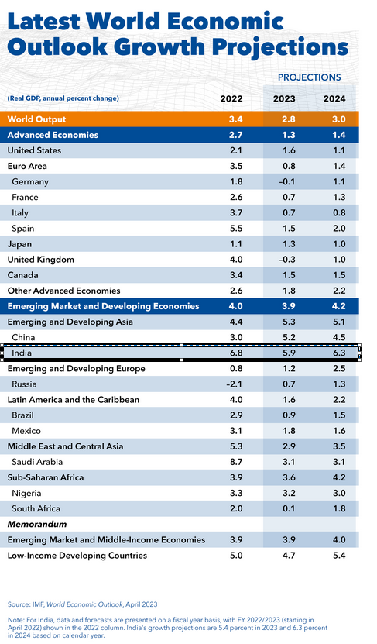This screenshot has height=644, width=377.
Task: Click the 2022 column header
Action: tap(231, 98)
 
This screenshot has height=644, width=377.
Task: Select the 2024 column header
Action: tap(334, 98)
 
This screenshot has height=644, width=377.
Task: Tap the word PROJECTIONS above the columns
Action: tap(310, 77)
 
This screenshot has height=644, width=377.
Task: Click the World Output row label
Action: tap(36, 119)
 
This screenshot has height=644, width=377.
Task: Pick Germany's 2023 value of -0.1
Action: tap(286, 181)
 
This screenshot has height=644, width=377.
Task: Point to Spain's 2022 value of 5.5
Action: tap(236, 229)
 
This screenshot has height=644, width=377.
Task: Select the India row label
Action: tap(22, 353)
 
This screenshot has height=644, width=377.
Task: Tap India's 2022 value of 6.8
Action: tap(236, 353)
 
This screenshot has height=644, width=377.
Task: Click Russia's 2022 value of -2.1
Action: tap(235, 384)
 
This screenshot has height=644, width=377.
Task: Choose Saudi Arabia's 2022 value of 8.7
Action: tap(236, 462)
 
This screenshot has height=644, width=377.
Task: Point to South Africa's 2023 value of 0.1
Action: tap(289, 508)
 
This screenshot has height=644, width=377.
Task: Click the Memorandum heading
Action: tap(37, 524)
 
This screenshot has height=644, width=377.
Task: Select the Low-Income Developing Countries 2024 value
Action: tap(339, 556)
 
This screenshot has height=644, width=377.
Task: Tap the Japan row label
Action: tap(19, 244)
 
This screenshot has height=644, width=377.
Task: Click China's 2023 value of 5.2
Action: tap(289, 337)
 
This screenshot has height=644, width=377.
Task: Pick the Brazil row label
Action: tap(22, 415)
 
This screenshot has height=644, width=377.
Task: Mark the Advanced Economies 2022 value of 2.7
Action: tap(236, 135)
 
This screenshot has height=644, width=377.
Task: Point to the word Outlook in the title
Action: tap(57, 46)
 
